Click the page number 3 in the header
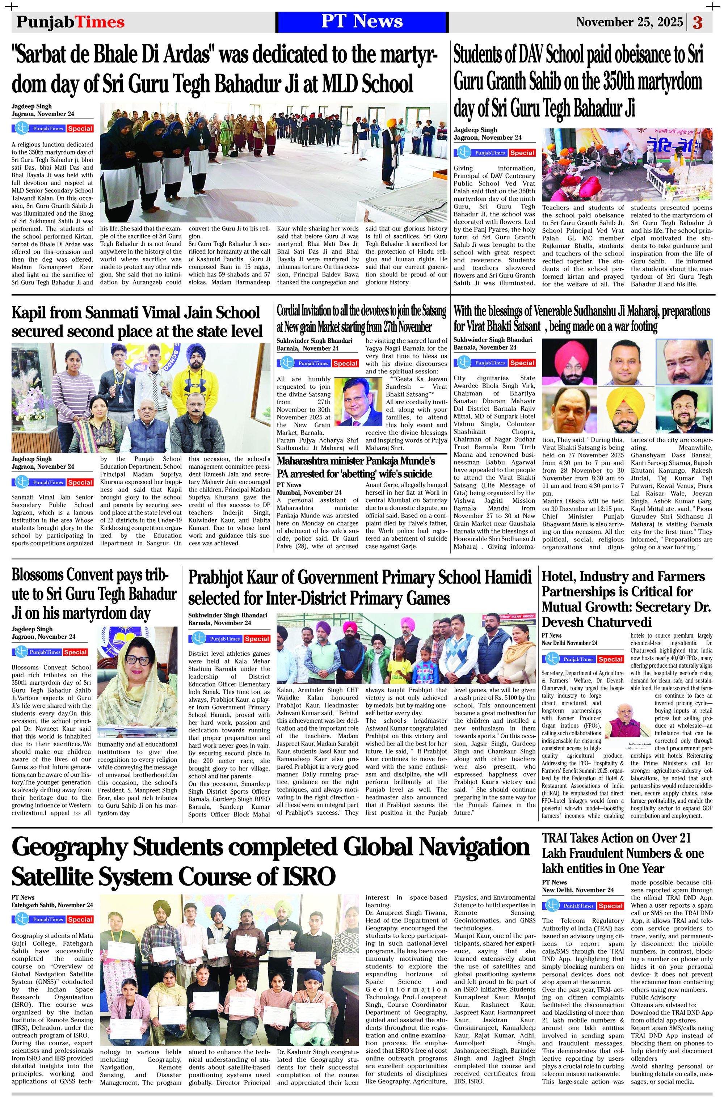698,22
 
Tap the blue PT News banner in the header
362,22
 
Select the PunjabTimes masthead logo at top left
70,22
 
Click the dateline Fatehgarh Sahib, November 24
52,905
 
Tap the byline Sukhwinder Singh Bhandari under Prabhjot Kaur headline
228,615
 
